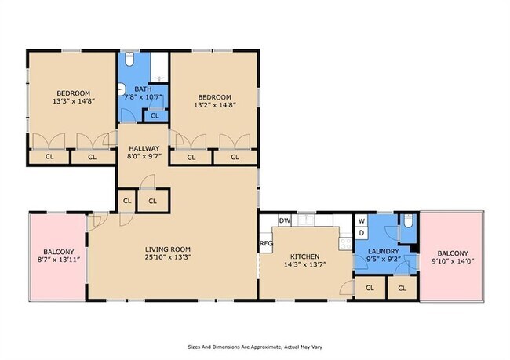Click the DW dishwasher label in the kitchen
click(x=285, y=221)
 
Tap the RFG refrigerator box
click(x=266, y=243)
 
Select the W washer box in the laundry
click(x=362, y=221)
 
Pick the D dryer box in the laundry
click(x=362, y=233)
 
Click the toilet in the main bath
click(x=129, y=58)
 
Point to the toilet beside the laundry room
click(x=408, y=221)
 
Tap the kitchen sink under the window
click(x=306, y=220)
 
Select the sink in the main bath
click(x=122, y=89)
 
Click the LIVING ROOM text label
click(x=168, y=249)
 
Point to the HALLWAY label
click(x=144, y=148)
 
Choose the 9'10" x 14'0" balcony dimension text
click(x=453, y=260)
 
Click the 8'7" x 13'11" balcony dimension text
click(x=59, y=259)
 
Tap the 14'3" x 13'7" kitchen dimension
click(x=305, y=264)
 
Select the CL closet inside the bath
click(x=155, y=116)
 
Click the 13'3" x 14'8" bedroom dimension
click(x=74, y=101)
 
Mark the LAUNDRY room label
click(x=383, y=252)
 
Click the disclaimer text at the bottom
click(x=255, y=347)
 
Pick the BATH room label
click(x=143, y=89)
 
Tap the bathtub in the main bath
click(x=159, y=67)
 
